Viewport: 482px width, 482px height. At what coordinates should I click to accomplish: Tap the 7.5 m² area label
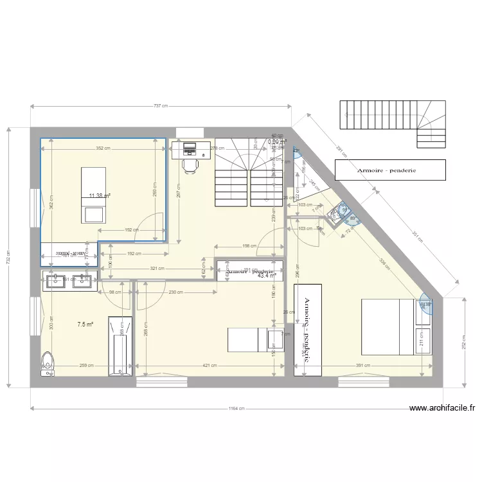pos(85,325)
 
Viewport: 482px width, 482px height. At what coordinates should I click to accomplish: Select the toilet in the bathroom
pos(48,362)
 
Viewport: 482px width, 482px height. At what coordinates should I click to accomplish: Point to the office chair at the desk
pos(190,165)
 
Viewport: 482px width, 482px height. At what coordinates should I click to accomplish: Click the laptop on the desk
pos(190,150)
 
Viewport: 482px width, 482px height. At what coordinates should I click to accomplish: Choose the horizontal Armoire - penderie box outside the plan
pos(390,170)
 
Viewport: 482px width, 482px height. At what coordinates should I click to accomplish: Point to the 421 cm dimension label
pos(210,366)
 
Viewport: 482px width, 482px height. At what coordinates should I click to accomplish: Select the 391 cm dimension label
pos(363,366)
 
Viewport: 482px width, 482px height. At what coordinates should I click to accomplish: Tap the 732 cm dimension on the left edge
pos(8,257)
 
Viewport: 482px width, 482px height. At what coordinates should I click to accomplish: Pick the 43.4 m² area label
pos(266,276)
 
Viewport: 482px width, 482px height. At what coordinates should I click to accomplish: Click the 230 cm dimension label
pos(174,293)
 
